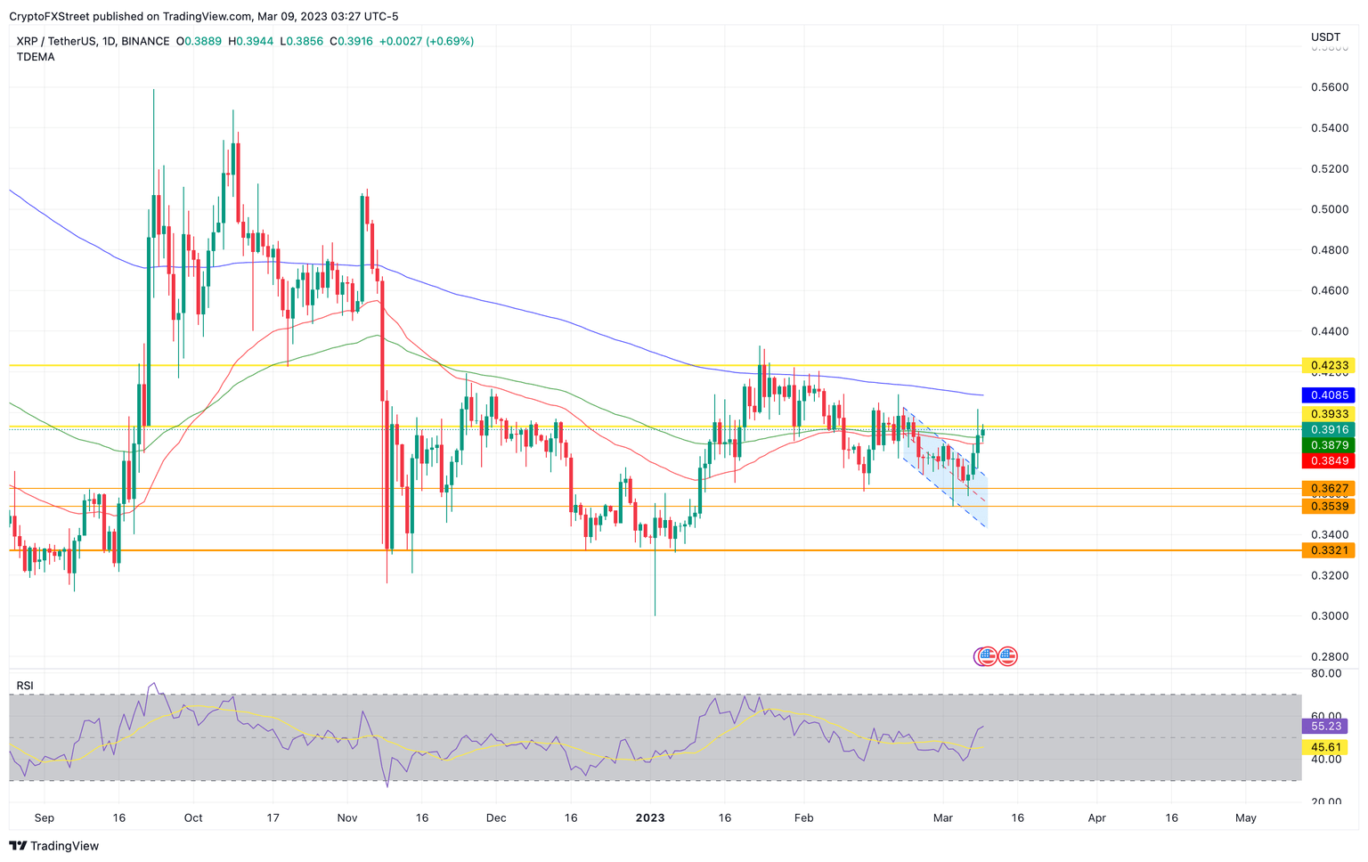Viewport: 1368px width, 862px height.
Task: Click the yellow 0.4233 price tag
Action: [x=1328, y=365]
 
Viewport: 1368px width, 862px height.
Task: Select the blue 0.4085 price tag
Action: [x=1328, y=394]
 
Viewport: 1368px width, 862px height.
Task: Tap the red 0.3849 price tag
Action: [x=1328, y=460]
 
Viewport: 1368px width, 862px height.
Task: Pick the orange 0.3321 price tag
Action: [x=1328, y=550]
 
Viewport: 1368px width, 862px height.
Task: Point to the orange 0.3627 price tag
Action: [x=1328, y=488]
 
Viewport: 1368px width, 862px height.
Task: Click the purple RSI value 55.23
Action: [x=1324, y=727]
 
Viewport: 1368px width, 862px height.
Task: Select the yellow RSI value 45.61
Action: [x=1324, y=747]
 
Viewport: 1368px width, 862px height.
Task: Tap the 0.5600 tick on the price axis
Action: [x=1329, y=87]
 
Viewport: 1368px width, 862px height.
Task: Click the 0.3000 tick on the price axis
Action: [x=1329, y=616]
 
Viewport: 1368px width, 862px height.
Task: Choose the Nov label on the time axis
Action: [x=347, y=817]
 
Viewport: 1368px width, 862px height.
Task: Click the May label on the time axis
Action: [x=1246, y=817]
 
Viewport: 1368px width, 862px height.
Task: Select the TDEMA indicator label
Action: [x=36, y=57]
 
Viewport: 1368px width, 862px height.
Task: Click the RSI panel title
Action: [x=25, y=686]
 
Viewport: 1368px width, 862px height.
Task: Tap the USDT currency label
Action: [x=1325, y=37]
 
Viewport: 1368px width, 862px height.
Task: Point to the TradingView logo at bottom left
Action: [x=54, y=846]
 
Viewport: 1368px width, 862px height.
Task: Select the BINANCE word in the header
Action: [x=145, y=41]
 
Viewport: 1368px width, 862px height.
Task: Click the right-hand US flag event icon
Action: [x=1007, y=656]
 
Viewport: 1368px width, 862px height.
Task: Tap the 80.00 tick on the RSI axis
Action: [x=1327, y=674]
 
